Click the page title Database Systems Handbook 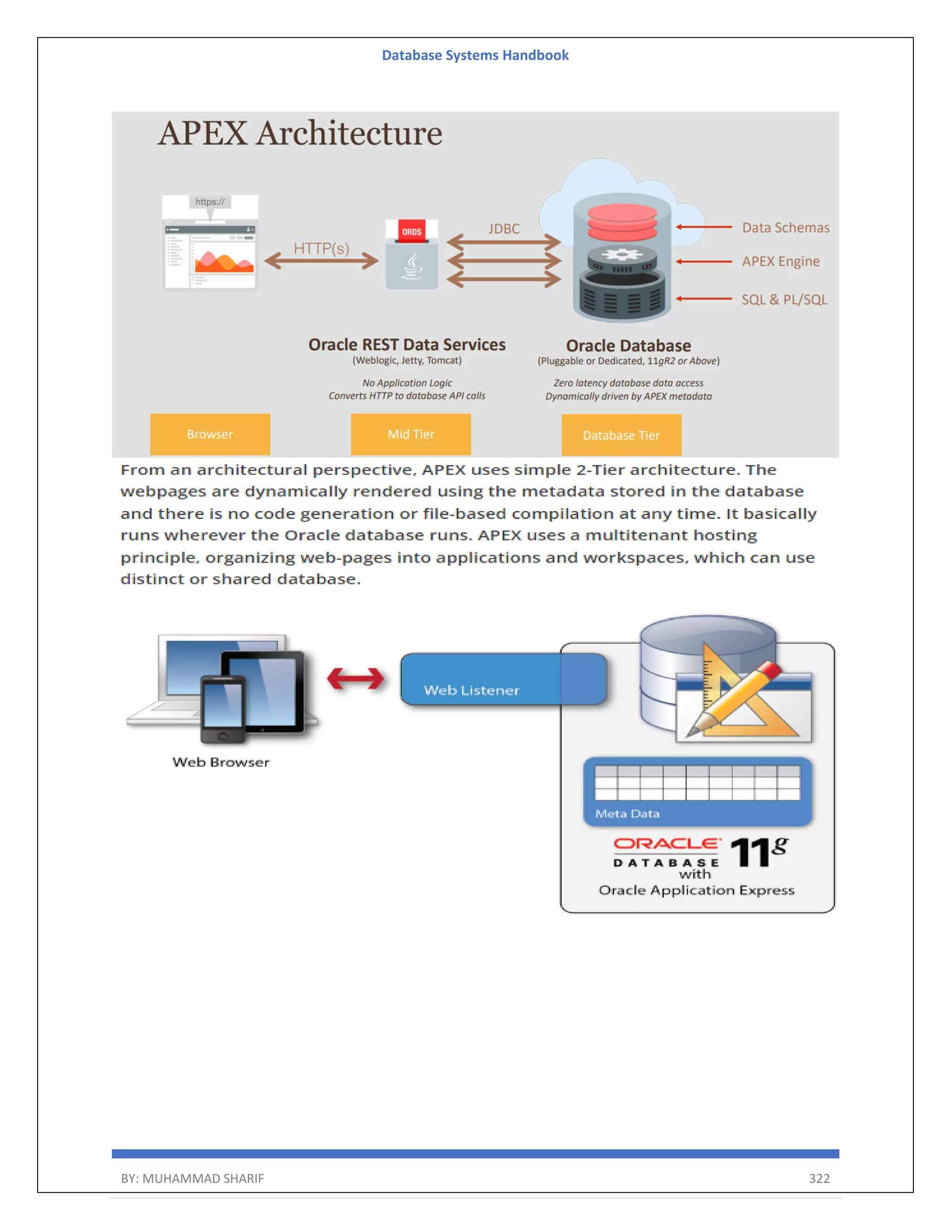click(475, 55)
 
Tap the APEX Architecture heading click(300, 134)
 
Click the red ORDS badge click(411, 232)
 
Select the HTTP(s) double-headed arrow click(321, 261)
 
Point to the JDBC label click(504, 229)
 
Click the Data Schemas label click(785, 227)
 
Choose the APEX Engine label click(780, 261)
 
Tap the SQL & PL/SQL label click(784, 300)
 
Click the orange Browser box click(209, 434)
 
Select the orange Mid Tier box click(410, 434)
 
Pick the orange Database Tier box click(621, 435)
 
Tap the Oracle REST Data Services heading click(407, 345)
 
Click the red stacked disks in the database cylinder click(622, 222)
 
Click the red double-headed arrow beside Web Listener click(356, 679)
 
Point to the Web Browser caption click(221, 762)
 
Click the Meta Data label click(627, 814)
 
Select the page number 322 click(819, 1178)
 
